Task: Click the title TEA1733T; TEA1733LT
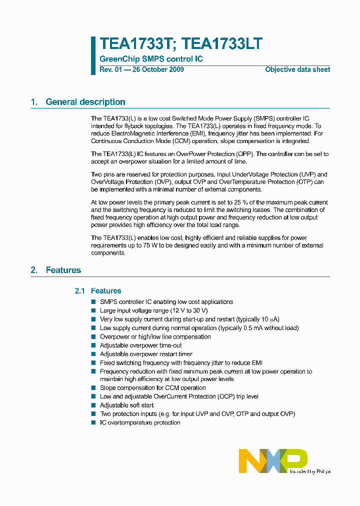pos(180,44)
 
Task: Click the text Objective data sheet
pos(297,69)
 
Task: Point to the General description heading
pos(85,102)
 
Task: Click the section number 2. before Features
pos(34,270)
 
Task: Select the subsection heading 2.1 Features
pos(97,290)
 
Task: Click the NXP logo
pos(272,460)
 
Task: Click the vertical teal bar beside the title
pos(93,55)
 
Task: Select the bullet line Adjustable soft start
pos(126,405)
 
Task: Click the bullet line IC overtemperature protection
pos(140,422)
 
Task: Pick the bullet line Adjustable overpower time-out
pos(140,345)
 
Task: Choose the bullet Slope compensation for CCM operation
pos(152,387)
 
